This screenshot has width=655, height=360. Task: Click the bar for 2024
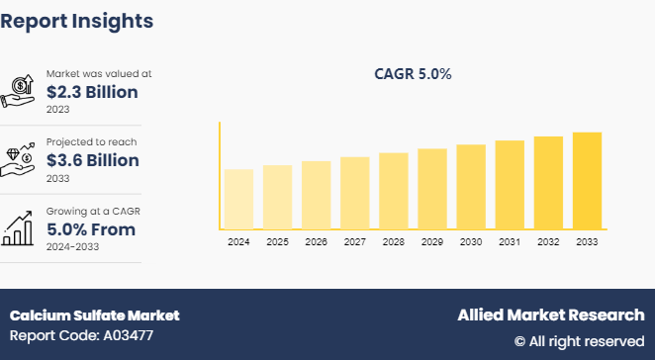click(x=238, y=199)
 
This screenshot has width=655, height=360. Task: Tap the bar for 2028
click(x=394, y=191)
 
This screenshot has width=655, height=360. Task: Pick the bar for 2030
click(x=471, y=187)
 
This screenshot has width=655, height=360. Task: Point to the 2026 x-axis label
click(x=316, y=241)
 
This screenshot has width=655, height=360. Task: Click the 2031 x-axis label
click(x=510, y=241)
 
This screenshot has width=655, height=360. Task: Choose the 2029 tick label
click(x=432, y=241)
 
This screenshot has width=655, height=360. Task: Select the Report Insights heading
click(x=77, y=20)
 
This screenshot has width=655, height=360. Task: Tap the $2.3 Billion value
click(x=92, y=91)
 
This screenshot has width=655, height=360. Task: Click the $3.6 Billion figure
click(x=92, y=160)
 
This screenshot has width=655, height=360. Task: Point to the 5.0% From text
click(x=91, y=229)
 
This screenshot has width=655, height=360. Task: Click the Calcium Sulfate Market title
click(x=95, y=315)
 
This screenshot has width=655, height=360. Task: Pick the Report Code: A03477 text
click(x=82, y=336)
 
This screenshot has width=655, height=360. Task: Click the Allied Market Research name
click(x=550, y=315)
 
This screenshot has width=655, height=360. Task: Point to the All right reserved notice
click(x=579, y=341)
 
